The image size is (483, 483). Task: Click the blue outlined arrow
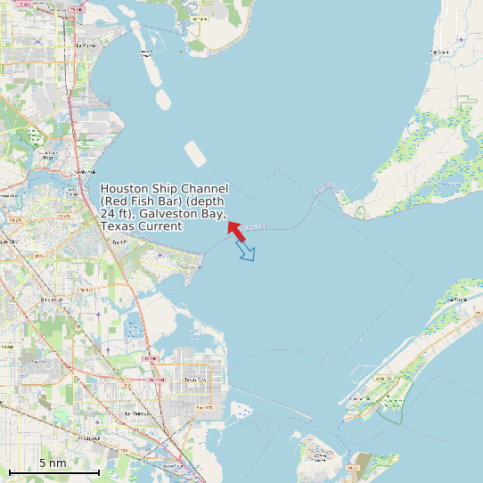click(246, 251)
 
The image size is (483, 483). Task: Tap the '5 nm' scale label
click(53, 463)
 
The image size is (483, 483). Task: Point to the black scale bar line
click(53, 471)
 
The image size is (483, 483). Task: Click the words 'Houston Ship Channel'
click(165, 189)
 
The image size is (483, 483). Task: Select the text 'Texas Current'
click(141, 226)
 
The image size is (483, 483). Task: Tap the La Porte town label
click(86, 45)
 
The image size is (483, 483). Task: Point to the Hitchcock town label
click(89, 439)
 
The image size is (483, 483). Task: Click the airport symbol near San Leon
click(160, 256)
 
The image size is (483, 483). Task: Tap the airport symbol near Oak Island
click(460, 39)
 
